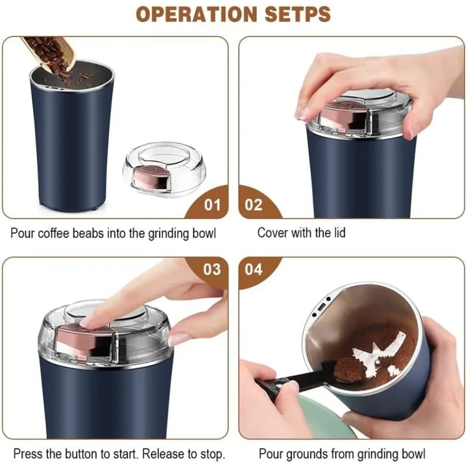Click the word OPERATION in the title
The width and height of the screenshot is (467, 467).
[x=187, y=14]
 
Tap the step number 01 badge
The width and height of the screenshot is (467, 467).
[x=212, y=205]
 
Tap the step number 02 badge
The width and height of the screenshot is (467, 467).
[x=254, y=205]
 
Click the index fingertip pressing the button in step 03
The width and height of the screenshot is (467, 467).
[x=88, y=320]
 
